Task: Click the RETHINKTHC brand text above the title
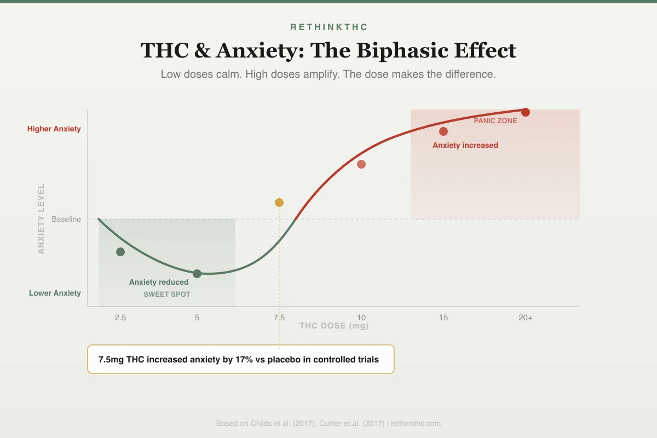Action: tap(328, 27)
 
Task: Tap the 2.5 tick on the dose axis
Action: tap(120, 318)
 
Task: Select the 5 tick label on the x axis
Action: tap(197, 318)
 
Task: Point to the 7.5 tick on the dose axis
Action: tap(279, 318)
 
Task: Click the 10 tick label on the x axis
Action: tap(361, 318)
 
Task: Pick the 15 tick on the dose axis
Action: tap(443, 318)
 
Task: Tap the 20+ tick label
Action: tap(526, 318)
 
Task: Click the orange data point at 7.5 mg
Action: tap(279, 203)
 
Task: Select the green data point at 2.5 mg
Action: tap(120, 252)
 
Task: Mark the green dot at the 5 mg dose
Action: tap(197, 274)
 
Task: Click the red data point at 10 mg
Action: tap(361, 164)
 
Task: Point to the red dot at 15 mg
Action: tap(443, 131)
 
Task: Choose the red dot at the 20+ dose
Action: tap(526, 112)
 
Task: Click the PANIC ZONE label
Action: tap(495, 121)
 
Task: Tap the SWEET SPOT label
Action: tap(167, 295)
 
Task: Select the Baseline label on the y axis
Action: tap(66, 219)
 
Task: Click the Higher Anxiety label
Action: tap(54, 129)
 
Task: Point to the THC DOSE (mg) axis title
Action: tap(334, 326)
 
